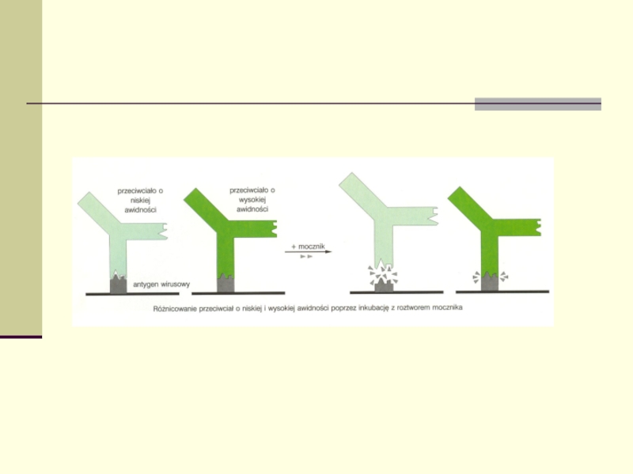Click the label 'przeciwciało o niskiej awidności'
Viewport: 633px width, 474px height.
(140, 200)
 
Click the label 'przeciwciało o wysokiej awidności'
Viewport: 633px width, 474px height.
(252, 199)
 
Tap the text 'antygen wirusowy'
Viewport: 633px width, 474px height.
(161, 284)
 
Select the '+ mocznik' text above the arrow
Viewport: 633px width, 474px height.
(308, 246)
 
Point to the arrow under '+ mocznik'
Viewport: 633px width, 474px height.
(308, 252)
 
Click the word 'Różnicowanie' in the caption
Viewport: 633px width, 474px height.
(174, 309)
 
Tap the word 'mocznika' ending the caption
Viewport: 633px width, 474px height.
(447, 307)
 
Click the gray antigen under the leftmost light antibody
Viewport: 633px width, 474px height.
(118, 284)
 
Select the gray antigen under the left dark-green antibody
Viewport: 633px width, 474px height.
(226, 284)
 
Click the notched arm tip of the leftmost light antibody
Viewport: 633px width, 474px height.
(164, 231)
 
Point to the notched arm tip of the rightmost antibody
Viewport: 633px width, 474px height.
(538, 228)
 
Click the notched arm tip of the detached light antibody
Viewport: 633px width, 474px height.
(434, 216)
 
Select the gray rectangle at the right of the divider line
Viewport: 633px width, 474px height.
(538, 104)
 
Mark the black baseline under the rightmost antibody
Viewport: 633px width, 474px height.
(502, 292)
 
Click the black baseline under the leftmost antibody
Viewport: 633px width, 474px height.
(132, 294)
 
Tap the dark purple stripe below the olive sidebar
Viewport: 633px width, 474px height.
(21, 337)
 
